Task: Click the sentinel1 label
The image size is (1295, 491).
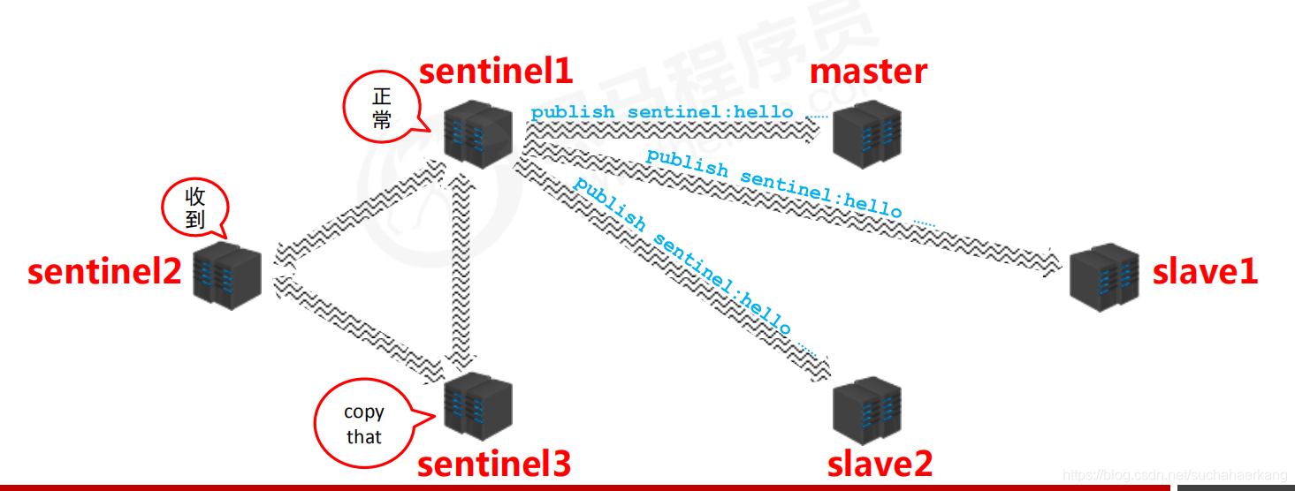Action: tap(496, 71)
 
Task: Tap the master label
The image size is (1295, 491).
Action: tap(868, 72)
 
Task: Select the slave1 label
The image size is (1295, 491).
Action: tap(1204, 271)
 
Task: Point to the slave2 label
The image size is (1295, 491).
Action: tap(880, 464)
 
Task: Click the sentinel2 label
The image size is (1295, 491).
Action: tap(104, 271)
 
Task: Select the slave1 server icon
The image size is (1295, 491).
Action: tap(1104, 276)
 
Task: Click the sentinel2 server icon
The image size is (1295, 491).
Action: tap(227, 276)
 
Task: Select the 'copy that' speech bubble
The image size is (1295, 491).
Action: tap(363, 424)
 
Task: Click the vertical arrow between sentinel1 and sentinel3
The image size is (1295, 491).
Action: tap(461, 269)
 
